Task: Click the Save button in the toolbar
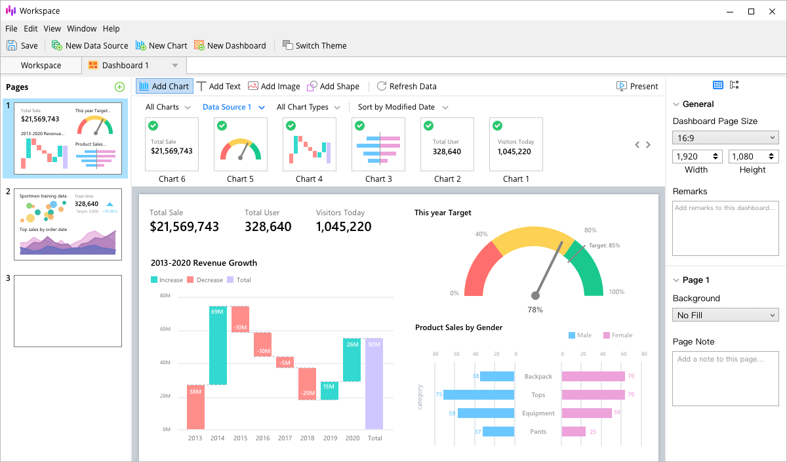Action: [x=22, y=45]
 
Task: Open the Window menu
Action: [x=81, y=28]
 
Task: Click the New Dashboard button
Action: [x=230, y=45]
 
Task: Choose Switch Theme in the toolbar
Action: [x=314, y=45]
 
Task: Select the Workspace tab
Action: [x=41, y=65]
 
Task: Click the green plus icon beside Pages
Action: [x=119, y=87]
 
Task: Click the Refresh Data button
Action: [x=406, y=86]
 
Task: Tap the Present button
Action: [x=637, y=86]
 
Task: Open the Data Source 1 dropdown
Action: [x=233, y=107]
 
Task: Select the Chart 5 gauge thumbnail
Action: [x=241, y=144]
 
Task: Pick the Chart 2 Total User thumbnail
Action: [x=447, y=144]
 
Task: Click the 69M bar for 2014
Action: [x=218, y=345]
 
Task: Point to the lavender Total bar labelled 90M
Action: [x=374, y=384]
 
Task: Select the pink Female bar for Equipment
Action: [x=586, y=413]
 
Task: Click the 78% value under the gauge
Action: [x=535, y=310]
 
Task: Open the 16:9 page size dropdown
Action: [x=725, y=137]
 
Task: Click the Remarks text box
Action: [x=725, y=228]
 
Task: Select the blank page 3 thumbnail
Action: [x=68, y=311]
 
